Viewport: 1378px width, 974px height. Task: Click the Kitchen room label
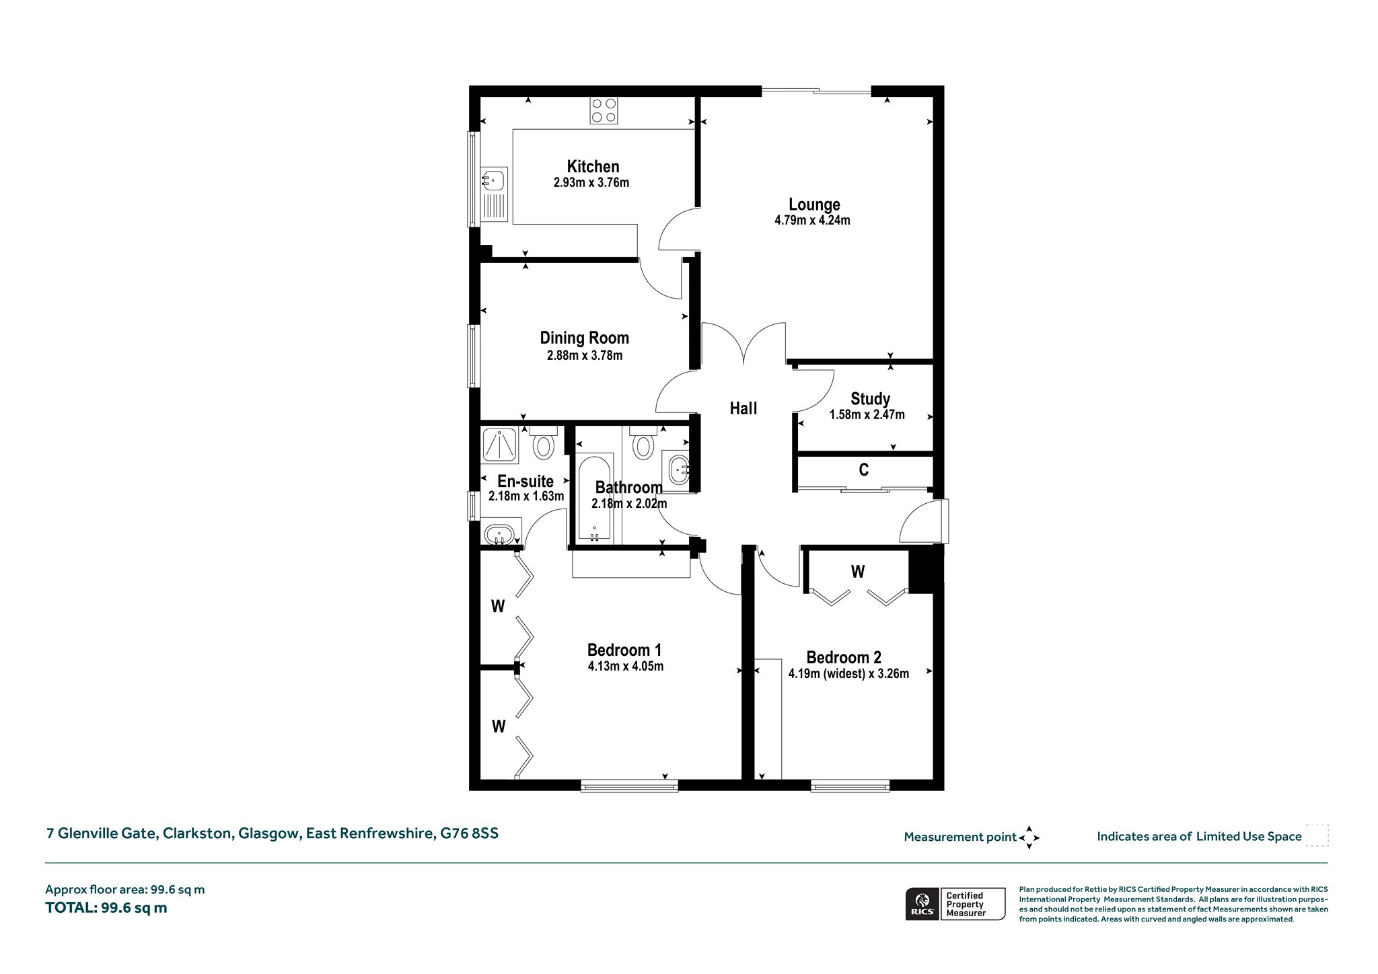(x=593, y=166)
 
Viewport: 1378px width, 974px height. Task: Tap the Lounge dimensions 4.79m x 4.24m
(x=812, y=220)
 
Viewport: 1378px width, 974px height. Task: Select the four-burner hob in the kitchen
(x=604, y=110)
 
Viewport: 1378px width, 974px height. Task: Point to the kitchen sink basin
(x=493, y=180)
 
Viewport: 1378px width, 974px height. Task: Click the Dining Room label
(x=584, y=338)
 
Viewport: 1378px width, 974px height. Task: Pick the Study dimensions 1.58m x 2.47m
(x=867, y=415)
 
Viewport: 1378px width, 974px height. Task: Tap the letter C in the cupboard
(x=864, y=470)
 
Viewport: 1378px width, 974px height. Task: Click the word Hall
(x=744, y=408)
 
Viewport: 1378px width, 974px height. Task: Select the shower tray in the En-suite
(x=499, y=445)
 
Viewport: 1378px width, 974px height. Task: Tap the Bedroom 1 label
(x=624, y=650)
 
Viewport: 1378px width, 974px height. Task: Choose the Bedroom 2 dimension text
(x=848, y=673)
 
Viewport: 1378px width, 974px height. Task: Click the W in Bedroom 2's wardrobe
(x=858, y=572)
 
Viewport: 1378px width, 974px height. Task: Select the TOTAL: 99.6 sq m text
(x=106, y=907)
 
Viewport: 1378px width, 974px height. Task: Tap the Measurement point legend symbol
(x=1029, y=837)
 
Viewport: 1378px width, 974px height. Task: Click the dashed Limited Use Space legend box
(x=1317, y=835)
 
